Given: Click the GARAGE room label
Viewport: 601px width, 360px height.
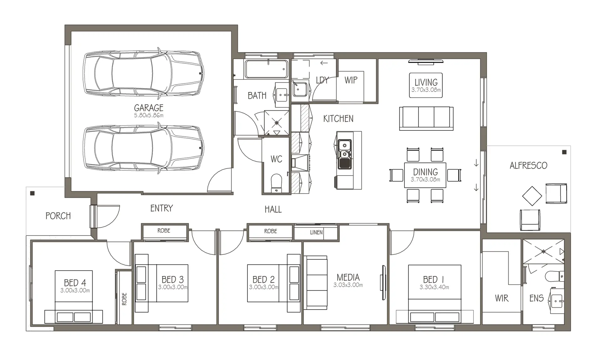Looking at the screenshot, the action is pos(149,108).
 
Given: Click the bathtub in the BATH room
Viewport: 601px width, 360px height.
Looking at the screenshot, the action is pos(266,69).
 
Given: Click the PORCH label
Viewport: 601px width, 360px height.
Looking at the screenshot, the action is pos(58,216).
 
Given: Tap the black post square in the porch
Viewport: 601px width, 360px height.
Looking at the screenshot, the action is pos(32,193).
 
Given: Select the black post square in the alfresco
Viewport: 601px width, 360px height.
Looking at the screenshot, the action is pos(564,152).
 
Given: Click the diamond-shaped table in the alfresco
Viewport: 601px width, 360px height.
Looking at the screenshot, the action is pos(532,196).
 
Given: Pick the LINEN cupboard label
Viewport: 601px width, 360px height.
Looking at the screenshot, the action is pos(316,232).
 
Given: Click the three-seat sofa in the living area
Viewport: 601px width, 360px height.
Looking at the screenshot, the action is pos(426,118).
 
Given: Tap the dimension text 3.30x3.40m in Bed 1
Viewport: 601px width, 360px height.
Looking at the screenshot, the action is pos(434,287).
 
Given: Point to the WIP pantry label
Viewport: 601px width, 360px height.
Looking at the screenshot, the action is pos(351,80).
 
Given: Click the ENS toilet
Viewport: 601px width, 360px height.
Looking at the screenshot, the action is pos(555,276).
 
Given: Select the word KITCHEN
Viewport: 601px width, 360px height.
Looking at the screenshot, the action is pos(338,119).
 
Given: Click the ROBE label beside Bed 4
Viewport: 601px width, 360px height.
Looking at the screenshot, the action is pos(124,299).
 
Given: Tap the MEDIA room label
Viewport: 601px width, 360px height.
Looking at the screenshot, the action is pos(348,277).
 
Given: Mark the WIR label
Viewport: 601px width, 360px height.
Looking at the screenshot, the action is pos(502,298).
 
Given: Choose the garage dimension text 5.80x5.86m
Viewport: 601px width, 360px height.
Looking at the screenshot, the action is pos(149,115).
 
